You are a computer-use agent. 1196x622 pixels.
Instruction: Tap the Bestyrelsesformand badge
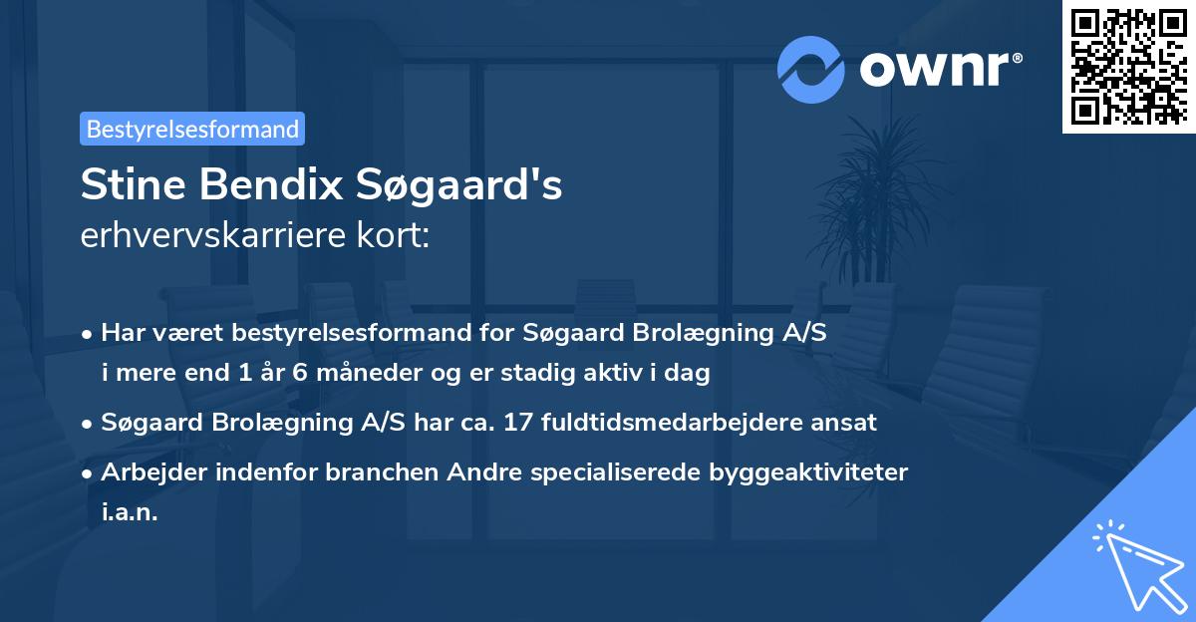pos(192,129)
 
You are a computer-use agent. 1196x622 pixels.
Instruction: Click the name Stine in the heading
pos(136,186)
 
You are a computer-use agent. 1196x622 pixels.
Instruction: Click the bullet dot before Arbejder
pos(89,472)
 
